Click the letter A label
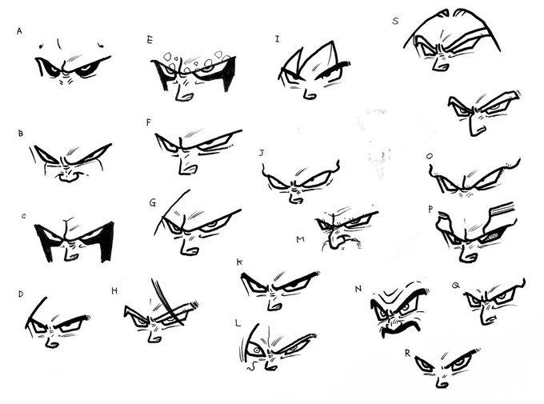19,31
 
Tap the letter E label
150,40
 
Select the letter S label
395,21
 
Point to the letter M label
301,239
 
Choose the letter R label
407,353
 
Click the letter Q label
455,286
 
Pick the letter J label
262,153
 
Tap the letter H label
114,291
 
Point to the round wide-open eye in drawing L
256,350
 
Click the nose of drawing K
274,304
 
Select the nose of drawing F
187,165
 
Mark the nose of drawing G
188,247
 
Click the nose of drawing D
51,342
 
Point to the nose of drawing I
309,94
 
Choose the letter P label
430,210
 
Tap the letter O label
430,157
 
